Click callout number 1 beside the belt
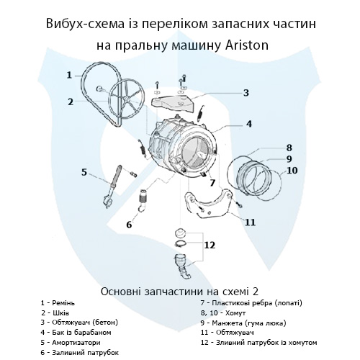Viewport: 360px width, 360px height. [69, 75]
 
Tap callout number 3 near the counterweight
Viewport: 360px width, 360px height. [246, 93]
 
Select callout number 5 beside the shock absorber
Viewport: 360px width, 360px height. [84, 172]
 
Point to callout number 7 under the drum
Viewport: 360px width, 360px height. [212, 183]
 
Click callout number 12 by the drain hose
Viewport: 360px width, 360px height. [210, 245]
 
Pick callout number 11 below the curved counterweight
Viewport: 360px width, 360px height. [250, 222]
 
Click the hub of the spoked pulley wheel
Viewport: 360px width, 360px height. [127, 99]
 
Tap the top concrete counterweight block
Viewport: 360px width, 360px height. [172, 103]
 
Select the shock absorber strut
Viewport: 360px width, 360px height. [112, 185]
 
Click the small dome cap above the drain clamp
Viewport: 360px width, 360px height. [180, 233]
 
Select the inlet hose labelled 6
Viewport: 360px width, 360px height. [143, 200]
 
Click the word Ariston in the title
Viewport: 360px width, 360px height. [247, 45]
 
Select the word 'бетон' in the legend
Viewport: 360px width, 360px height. [106, 323]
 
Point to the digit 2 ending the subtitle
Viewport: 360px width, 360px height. [255, 292]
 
